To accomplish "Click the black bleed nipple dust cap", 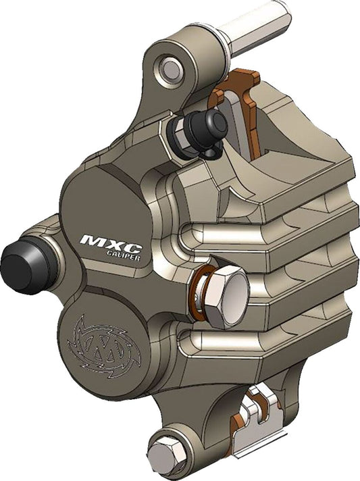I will (x=204, y=129).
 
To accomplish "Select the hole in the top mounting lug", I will (x=171, y=68).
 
